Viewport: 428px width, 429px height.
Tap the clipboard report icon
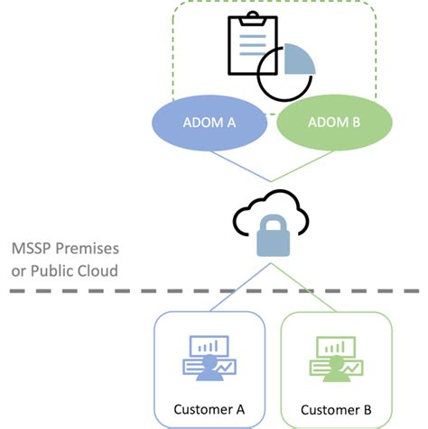point(245,45)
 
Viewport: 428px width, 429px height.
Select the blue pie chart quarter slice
point(298,60)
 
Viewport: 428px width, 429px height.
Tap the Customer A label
point(209,408)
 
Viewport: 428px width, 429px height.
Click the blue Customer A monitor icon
point(209,357)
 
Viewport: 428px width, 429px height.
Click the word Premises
point(91,248)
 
